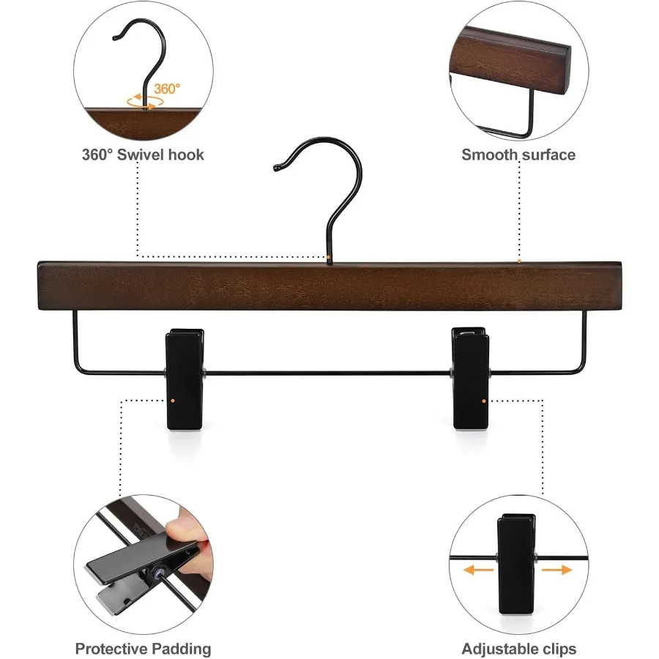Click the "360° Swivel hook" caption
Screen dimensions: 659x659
[143, 154]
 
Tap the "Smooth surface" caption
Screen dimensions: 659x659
[518, 154]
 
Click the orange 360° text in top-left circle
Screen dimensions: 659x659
[166, 89]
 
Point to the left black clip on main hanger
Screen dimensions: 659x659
[185, 379]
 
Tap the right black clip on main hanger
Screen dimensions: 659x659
[469, 379]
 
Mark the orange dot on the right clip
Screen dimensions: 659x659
[485, 401]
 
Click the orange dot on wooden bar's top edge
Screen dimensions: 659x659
[519, 260]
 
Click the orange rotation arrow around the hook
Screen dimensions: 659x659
[142, 103]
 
